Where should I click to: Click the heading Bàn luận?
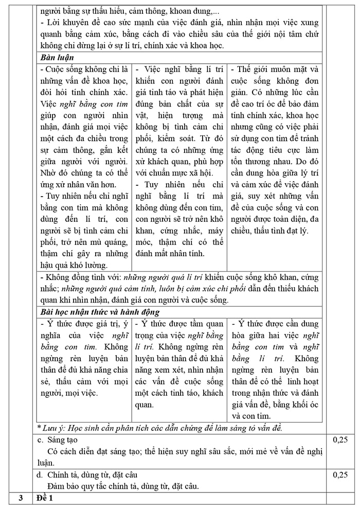point(58,57)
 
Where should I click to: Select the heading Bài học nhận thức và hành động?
point(100,312)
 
